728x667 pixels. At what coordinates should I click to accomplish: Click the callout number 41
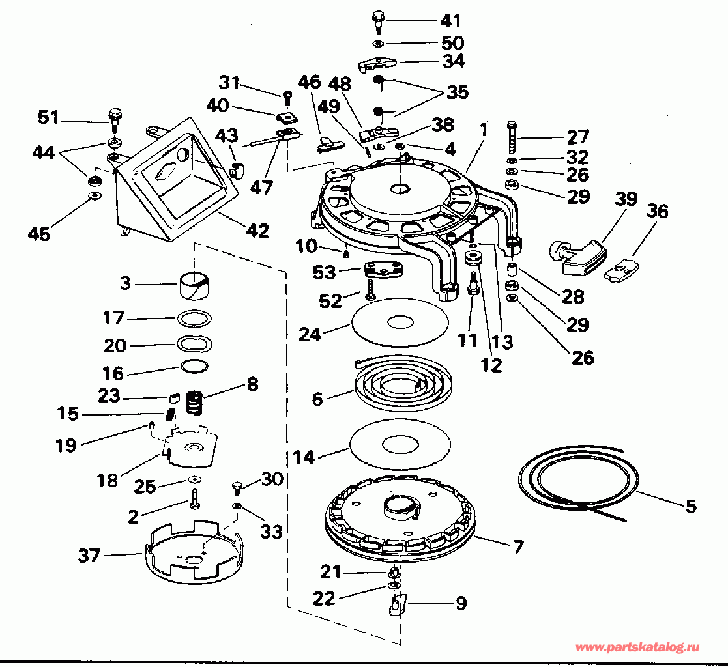pyautogui.click(x=450, y=21)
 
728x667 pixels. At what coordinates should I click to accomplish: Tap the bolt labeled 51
pyautogui.click(x=114, y=119)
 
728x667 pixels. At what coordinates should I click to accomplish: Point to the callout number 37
pyautogui.click(x=89, y=555)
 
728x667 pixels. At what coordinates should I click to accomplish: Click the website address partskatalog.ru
pyautogui.click(x=637, y=647)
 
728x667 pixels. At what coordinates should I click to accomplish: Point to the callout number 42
pyautogui.click(x=257, y=231)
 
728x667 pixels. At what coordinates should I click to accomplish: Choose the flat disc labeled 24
pyautogui.click(x=401, y=322)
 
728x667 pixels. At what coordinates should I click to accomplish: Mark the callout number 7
pyautogui.click(x=518, y=546)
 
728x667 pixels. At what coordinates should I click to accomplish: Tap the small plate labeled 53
pyautogui.click(x=383, y=270)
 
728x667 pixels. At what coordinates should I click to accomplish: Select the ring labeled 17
pyautogui.click(x=194, y=319)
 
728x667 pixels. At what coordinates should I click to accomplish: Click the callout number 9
pyautogui.click(x=461, y=603)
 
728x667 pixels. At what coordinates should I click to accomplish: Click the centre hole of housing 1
pyautogui.click(x=400, y=189)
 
